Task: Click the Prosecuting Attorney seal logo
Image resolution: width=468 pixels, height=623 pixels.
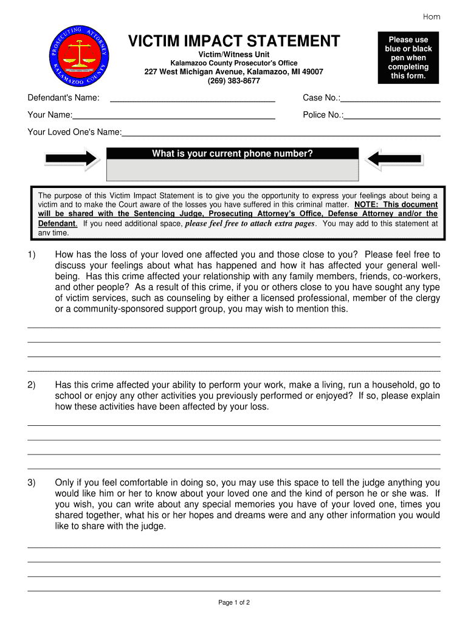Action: [80, 56]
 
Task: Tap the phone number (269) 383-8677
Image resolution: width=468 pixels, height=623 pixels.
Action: [233, 81]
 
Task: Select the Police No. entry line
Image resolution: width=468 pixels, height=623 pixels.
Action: [392, 116]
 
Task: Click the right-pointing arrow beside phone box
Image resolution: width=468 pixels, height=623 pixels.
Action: [72, 159]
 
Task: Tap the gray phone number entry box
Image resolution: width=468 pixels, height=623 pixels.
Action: [232, 170]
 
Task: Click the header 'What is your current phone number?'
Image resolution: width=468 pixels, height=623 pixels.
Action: [232, 154]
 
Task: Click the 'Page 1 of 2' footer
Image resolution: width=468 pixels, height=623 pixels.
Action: [234, 602]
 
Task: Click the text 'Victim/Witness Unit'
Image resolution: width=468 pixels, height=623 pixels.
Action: [233, 55]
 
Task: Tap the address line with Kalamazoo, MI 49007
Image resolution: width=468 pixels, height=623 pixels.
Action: [233, 72]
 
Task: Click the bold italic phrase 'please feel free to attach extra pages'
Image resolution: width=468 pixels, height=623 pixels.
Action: [250, 223]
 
